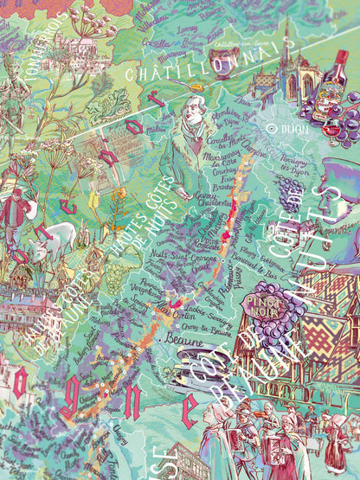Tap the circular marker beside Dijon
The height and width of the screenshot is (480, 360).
(272, 127)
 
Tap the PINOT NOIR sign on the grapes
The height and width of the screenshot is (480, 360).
(271, 304)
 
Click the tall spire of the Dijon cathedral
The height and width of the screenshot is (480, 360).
(286, 43)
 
